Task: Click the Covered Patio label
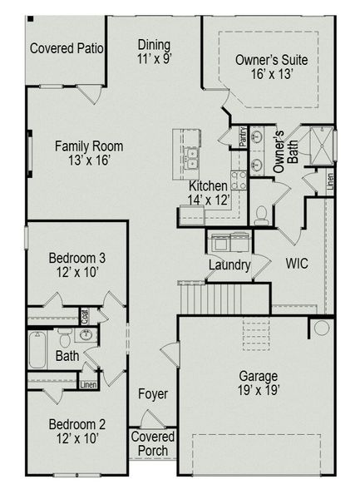(67, 48)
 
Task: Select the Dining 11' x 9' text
(155, 52)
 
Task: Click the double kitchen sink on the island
(192, 157)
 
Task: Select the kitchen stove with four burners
(239, 179)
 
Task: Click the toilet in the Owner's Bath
(261, 215)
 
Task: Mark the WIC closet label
(297, 263)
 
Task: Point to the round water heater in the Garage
(321, 328)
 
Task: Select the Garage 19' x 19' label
(259, 382)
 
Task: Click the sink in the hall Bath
(86, 335)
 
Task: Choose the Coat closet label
(85, 316)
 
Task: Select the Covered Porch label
(153, 444)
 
